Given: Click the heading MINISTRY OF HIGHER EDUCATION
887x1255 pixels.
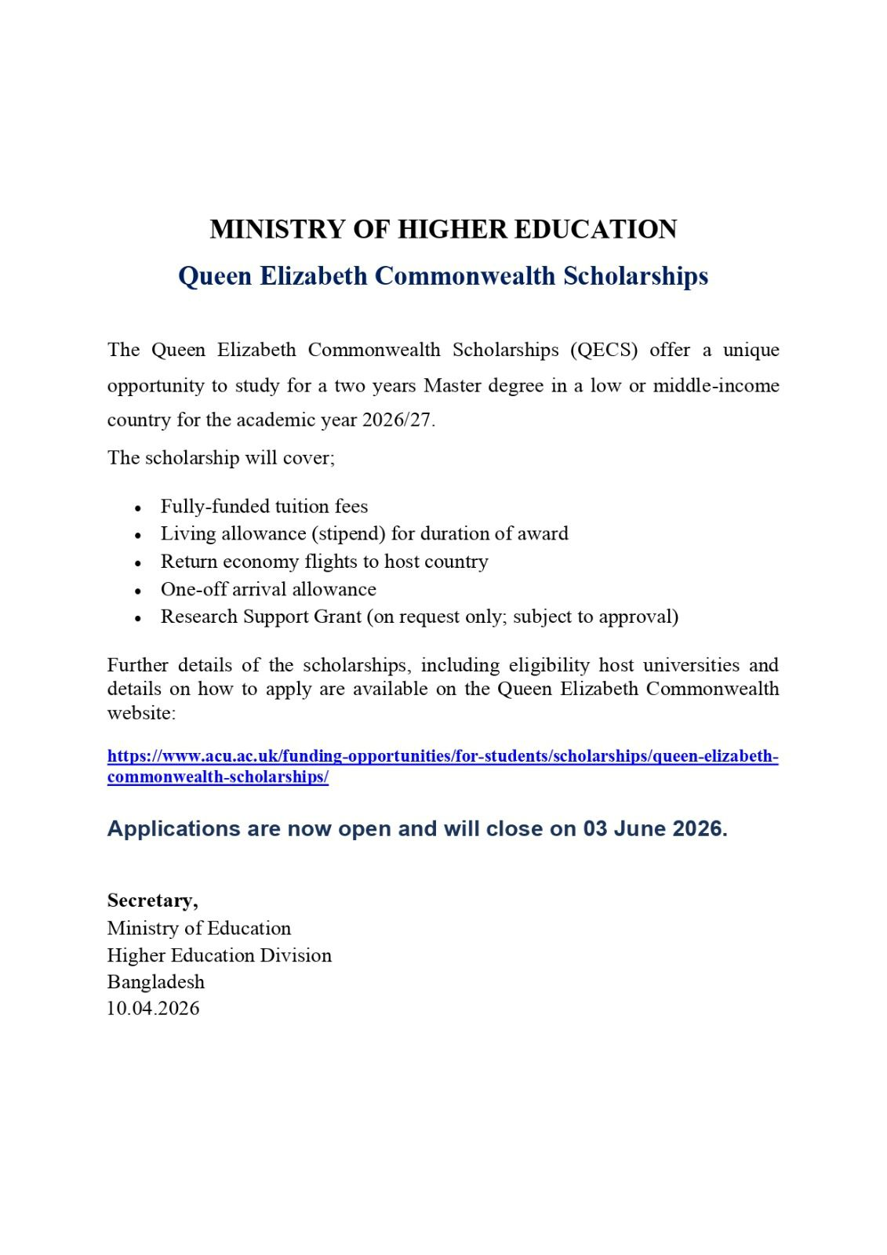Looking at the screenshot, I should [x=443, y=229].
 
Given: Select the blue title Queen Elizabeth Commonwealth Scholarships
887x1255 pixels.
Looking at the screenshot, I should [x=443, y=276].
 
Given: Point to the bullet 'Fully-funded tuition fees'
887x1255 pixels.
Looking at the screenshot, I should [x=264, y=506].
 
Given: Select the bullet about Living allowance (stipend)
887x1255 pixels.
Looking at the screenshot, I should [x=364, y=533].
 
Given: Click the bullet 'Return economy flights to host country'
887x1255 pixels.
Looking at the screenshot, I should [x=324, y=562].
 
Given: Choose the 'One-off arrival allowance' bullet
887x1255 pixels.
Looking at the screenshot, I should [x=268, y=589].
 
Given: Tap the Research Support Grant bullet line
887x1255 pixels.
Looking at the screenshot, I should [x=420, y=617].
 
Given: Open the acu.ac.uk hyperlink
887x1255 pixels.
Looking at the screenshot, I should [x=442, y=757].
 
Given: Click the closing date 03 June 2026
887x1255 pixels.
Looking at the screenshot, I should [x=653, y=829].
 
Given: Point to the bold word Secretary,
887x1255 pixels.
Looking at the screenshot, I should [x=153, y=900].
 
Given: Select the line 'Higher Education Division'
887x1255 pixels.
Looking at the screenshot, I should [x=220, y=955].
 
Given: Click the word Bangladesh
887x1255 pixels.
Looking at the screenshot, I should [x=156, y=982].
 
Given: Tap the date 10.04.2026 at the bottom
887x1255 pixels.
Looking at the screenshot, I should [x=154, y=1009].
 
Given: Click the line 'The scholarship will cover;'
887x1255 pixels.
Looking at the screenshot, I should [x=221, y=458].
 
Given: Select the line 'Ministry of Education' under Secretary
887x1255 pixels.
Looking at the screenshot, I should [x=199, y=929].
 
